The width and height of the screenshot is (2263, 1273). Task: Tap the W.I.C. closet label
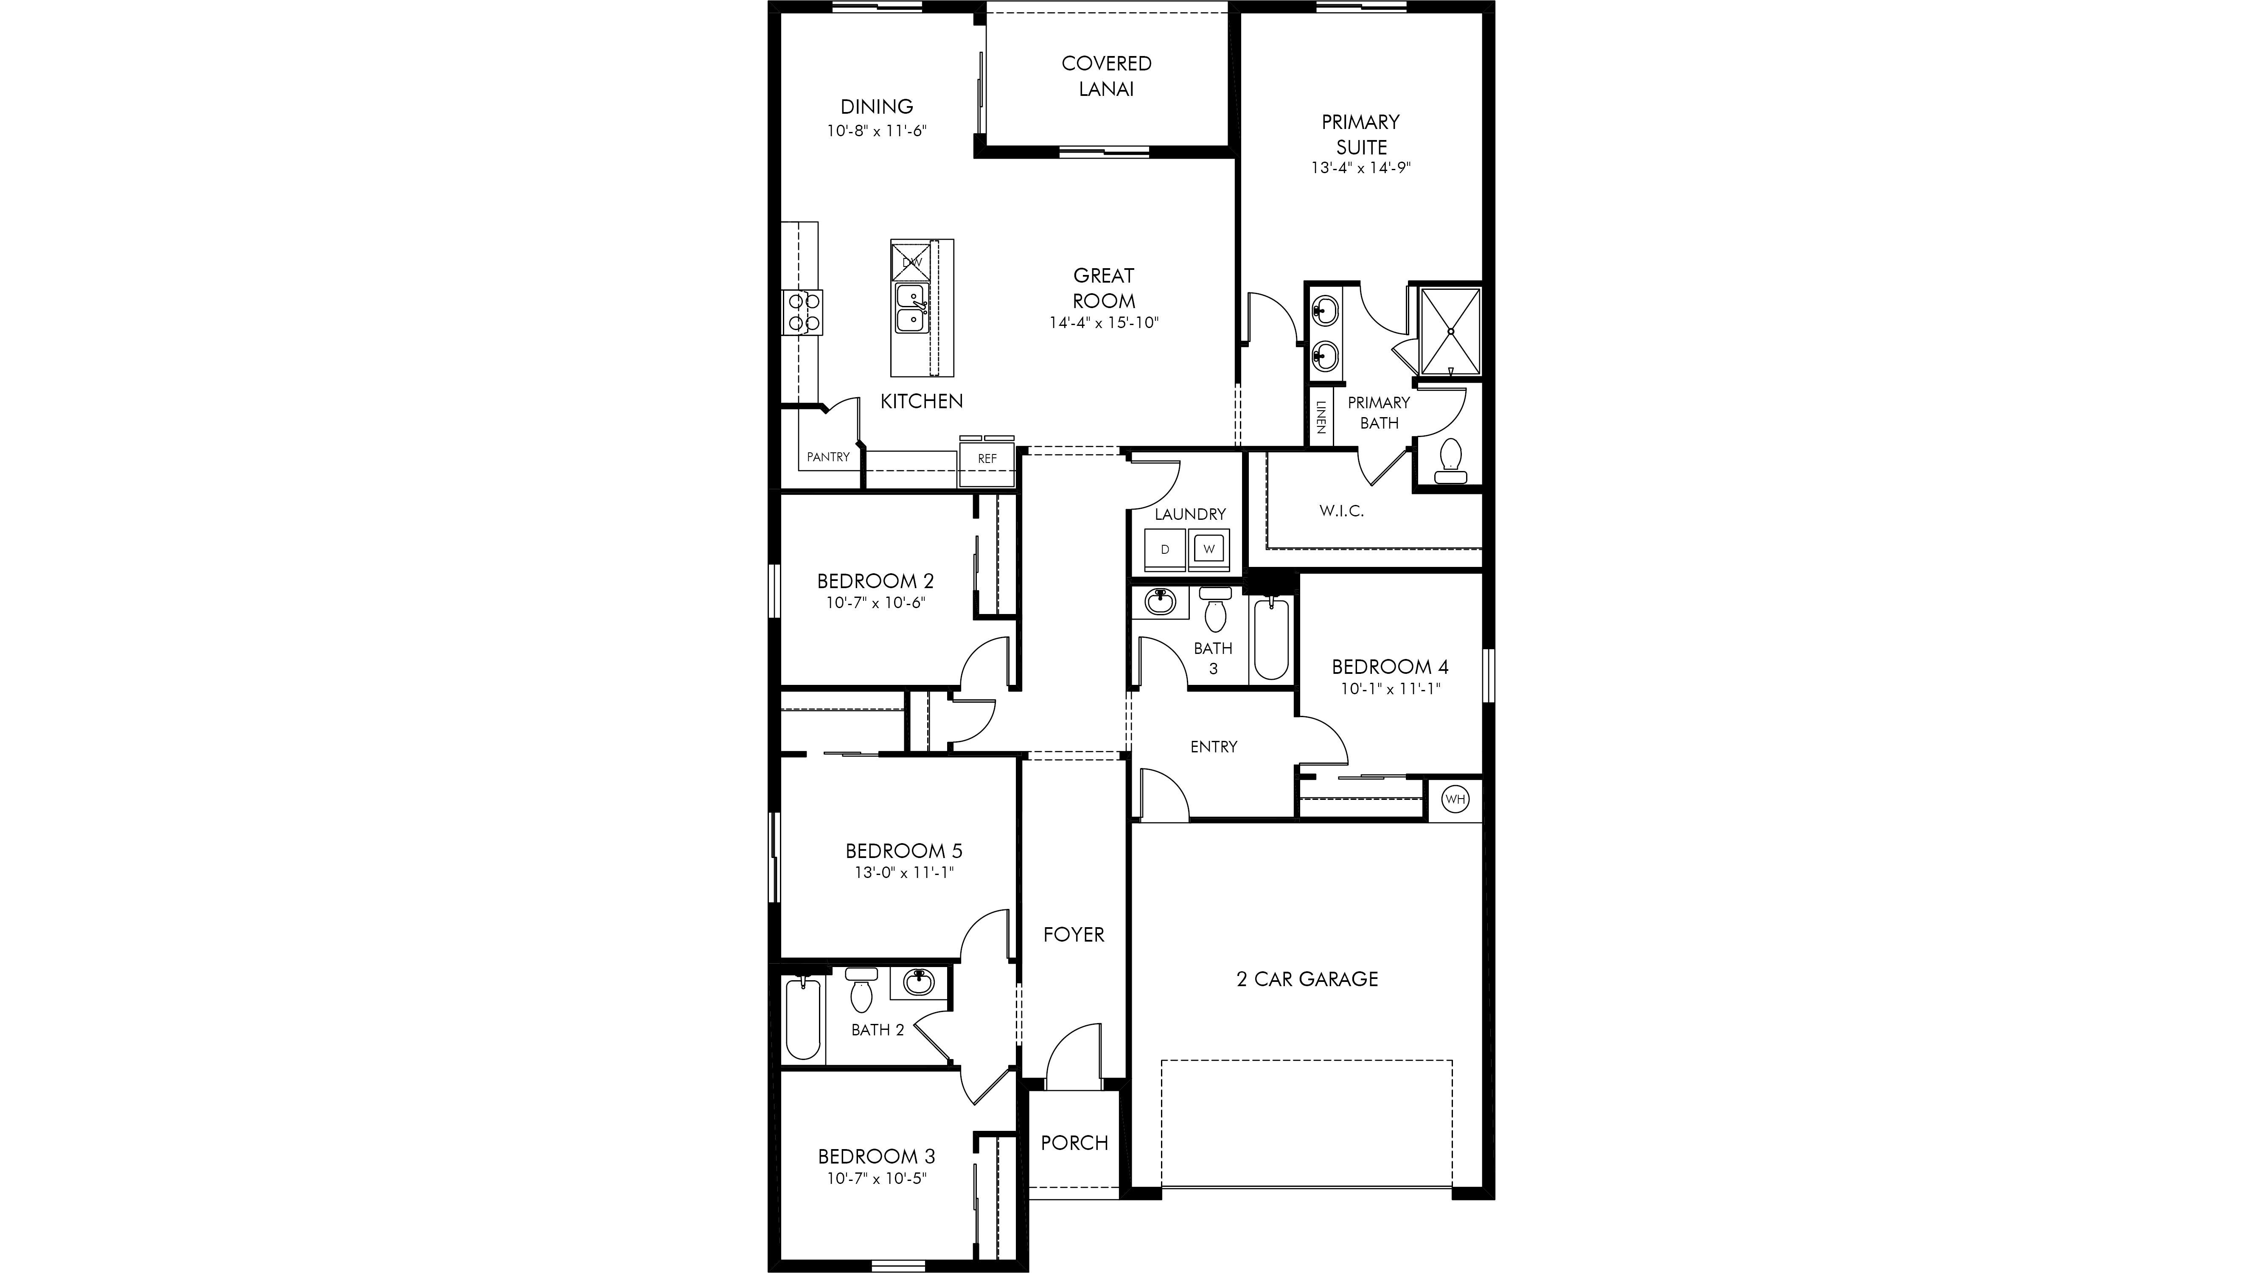(x=1341, y=510)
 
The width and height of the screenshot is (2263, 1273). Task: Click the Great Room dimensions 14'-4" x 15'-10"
(x=1104, y=322)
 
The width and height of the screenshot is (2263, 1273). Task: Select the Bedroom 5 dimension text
(x=904, y=872)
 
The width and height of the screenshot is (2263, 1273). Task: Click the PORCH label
(x=1074, y=1142)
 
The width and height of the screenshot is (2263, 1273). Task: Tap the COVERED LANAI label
(x=1106, y=76)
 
